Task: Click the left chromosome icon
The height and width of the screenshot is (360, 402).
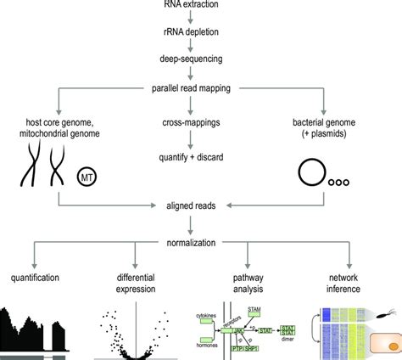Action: click(x=31, y=168)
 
